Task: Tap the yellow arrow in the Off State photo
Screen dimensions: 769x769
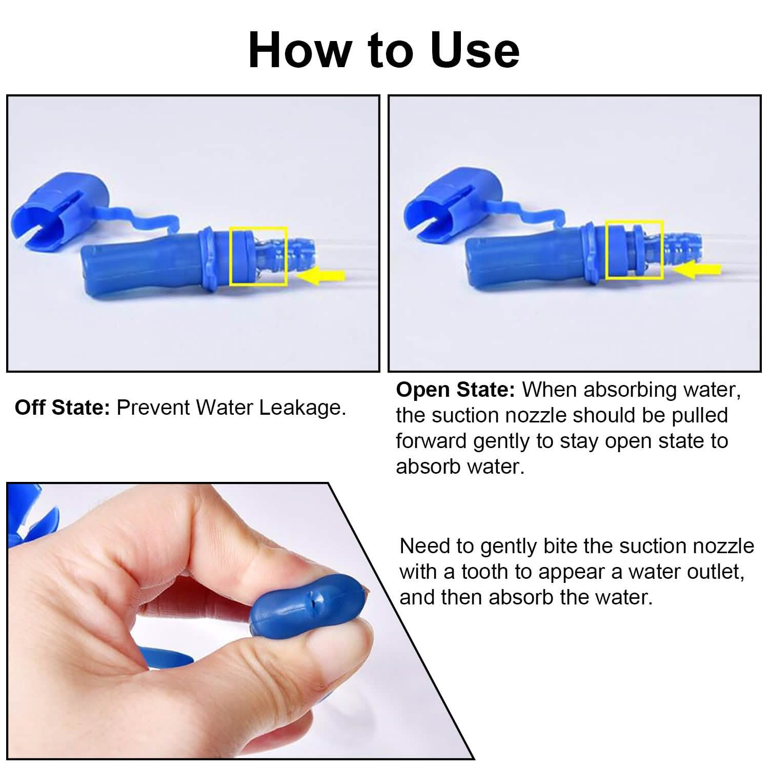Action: [x=321, y=276]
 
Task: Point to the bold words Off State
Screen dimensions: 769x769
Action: [x=63, y=408]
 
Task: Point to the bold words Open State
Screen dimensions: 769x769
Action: [x=455, y=390]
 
